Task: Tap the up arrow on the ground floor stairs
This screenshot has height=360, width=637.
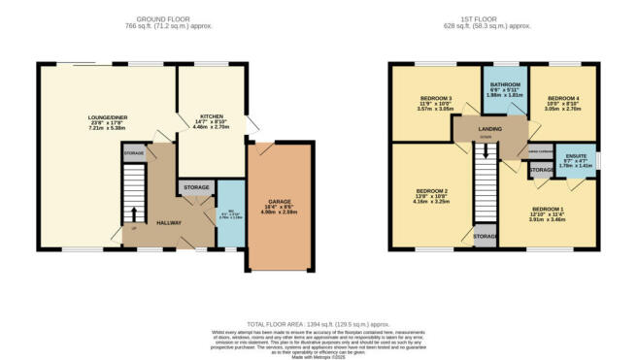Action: [x=134, y=214]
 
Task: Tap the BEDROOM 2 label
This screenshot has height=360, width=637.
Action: [x=432, y=191]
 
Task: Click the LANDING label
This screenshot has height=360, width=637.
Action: [x=490, y=126]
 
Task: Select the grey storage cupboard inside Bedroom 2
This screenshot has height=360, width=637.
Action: [x=484, y=236]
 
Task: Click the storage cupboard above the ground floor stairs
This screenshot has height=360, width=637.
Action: [x=133, y=152]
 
